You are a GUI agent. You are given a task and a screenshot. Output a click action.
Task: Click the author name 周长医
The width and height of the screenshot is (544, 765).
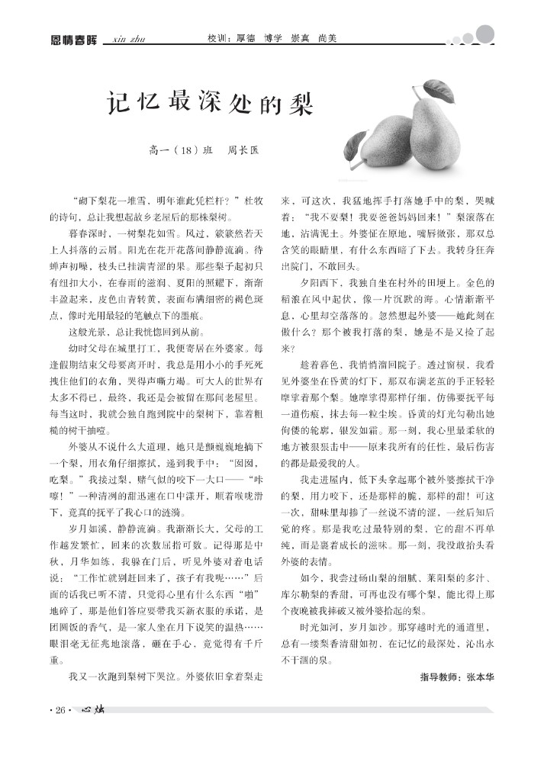coord(243,151)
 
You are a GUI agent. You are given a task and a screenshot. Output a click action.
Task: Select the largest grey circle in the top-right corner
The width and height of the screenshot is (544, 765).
coord(484,34)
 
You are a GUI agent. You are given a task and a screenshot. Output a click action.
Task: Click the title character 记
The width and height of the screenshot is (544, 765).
coord(117,102)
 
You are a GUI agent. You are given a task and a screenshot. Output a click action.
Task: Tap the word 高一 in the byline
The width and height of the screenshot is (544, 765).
coord(158,151)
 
